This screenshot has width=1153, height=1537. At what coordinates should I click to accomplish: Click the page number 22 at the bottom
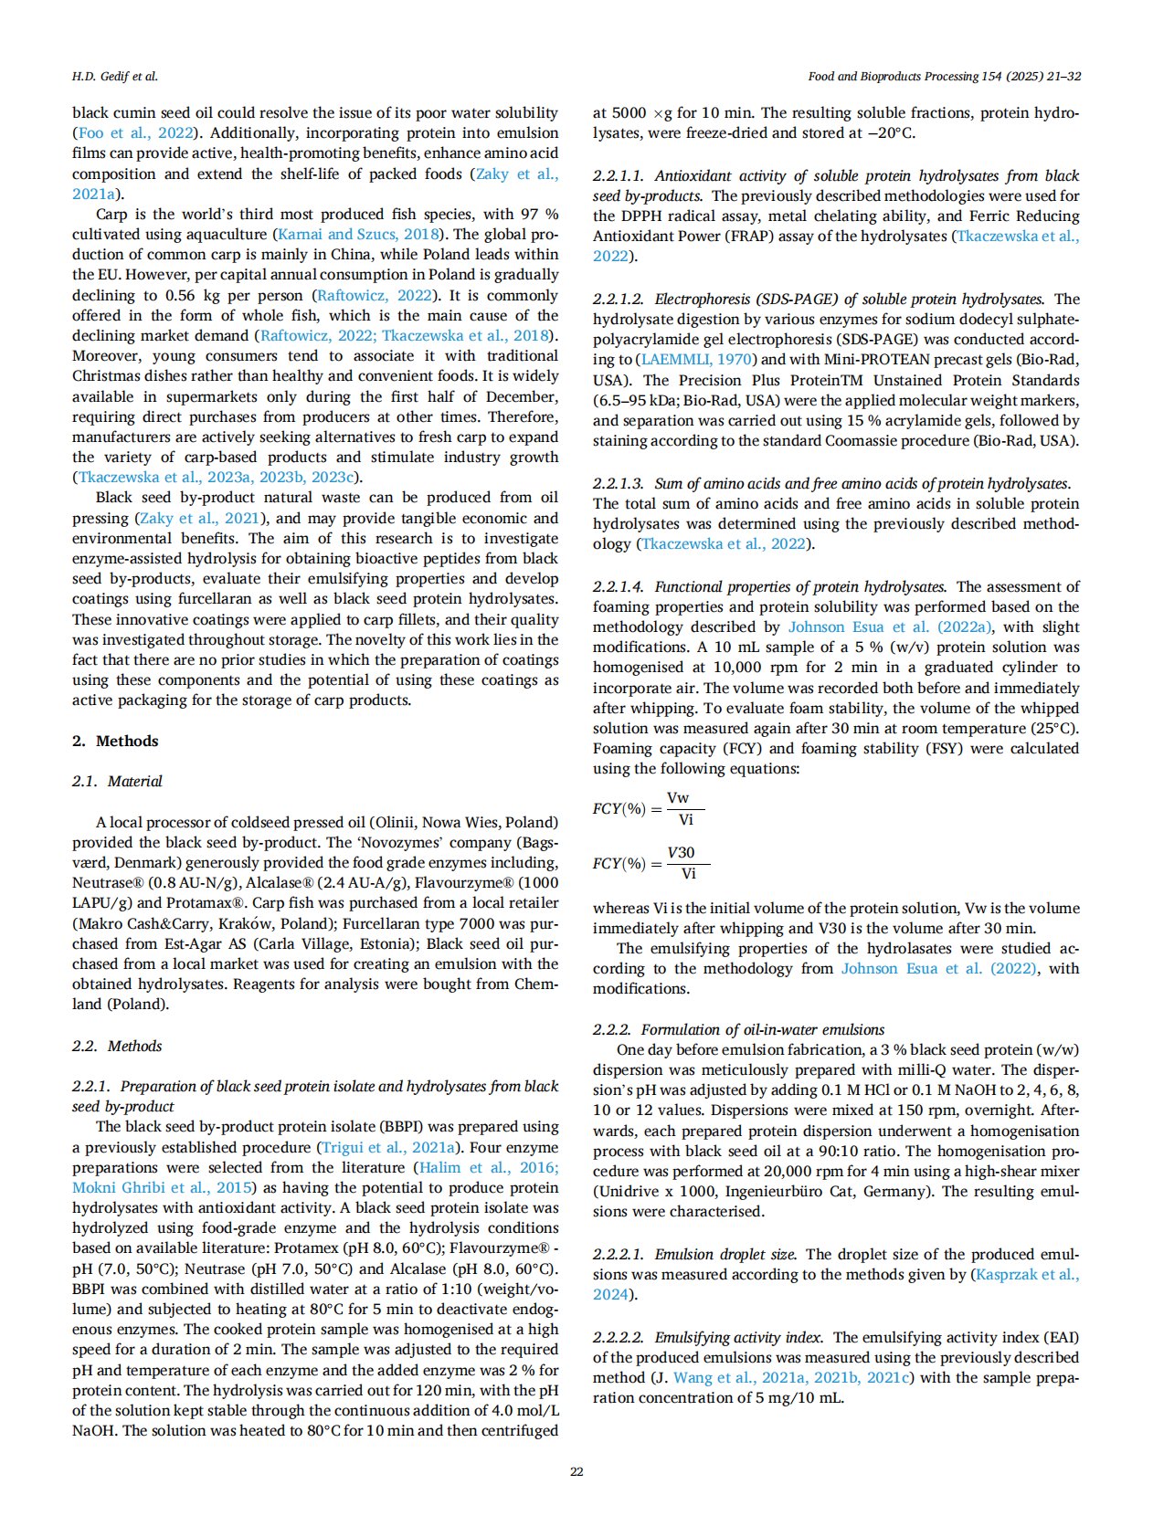pos(576,1471)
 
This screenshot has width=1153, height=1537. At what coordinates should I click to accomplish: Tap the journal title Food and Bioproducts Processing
pos(892,76)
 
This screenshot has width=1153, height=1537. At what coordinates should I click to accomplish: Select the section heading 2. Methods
pos(115,741)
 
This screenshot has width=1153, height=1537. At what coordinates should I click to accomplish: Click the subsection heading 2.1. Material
pos(117,781)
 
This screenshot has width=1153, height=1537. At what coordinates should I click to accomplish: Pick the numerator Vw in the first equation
pos(678,798)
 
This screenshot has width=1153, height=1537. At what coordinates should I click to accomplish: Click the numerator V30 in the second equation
pos(681,853)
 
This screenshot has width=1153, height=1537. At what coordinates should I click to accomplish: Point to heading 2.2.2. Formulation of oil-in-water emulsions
pos(738,1029)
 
